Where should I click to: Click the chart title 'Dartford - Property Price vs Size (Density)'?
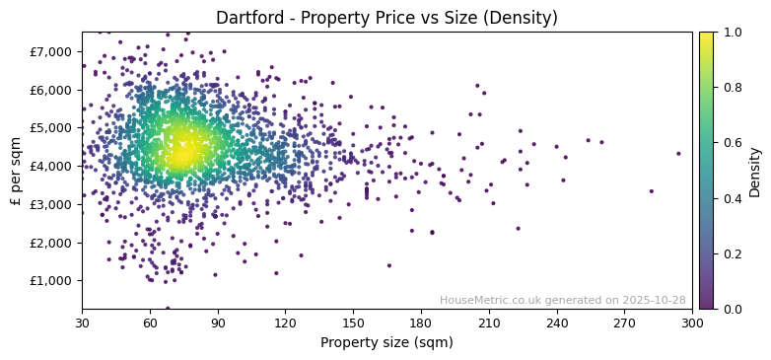(x=386, y=18)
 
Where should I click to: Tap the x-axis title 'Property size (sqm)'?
(x=386, y=343)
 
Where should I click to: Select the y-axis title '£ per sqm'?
(x=16, y=171)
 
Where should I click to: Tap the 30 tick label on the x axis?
(x=82, y=323)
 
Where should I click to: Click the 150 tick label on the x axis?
(x=353, y=323)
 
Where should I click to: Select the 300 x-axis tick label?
(x=692, y=323)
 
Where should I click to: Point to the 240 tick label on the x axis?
(x=557, y=323)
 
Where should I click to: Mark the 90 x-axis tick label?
(x=218, y=323)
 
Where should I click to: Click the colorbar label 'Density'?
(x=754, y=171)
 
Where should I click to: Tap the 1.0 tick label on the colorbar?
(x=729, y=33)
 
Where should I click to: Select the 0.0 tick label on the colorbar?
(x=729, y=309)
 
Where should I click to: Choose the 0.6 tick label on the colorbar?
(x=729, y=143)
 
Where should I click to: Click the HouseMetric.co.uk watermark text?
(x=562, y=300)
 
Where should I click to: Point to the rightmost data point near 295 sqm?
(x=678, y=153)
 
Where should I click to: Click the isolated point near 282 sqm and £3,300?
(x=651, y=191)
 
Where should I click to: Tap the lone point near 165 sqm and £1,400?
(x=388, y=265)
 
